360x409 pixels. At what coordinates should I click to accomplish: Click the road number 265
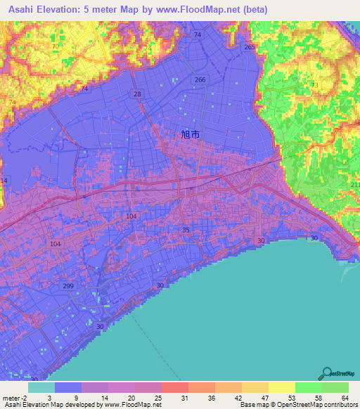coord(249,47)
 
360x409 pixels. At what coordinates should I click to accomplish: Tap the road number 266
coord(200,80)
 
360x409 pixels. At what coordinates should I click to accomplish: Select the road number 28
coord(137,94)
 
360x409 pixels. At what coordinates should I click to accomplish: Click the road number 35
coord(186,230)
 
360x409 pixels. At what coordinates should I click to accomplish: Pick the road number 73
coord(314,85)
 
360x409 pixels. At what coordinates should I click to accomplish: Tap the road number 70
coord(55,46)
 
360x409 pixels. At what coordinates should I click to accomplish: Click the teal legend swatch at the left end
coord(41,387)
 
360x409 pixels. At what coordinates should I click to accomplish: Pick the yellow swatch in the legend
coord(281,387)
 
